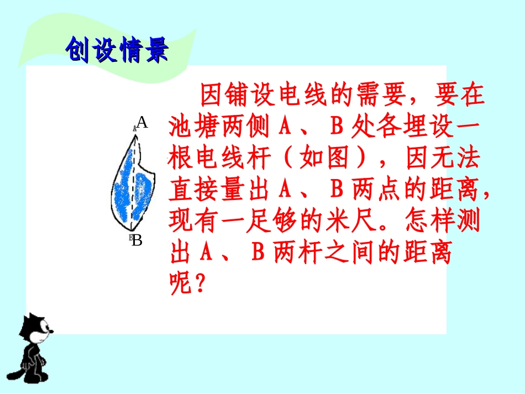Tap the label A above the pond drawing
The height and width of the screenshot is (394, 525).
[142, 123]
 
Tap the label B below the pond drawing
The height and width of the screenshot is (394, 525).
[138, 240]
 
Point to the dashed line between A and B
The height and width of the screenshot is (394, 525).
[133, 182]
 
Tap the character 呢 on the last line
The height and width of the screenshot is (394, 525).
[180, 285]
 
